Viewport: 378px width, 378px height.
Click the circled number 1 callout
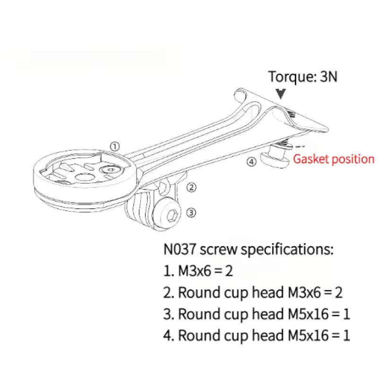[x=115, y=146]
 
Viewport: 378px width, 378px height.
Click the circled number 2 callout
[x=191, y=187]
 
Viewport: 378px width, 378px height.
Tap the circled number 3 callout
[x=191, y=213]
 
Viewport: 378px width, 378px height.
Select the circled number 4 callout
[x=251, y=162]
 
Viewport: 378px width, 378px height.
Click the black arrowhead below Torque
[x=281, y=94]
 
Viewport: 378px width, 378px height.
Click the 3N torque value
[x=328, y=77]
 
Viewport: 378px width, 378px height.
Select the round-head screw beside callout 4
[x=275, y=158]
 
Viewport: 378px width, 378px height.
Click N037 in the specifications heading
[x=180, y=249]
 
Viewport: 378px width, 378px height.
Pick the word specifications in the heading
[x=287, y=250]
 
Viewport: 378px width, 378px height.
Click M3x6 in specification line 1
[x=195, y=271]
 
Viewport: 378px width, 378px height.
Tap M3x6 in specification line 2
[x=304, y=292]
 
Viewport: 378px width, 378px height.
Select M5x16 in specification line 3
[x=309, y=314]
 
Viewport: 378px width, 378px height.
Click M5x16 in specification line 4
[x=309, y=335]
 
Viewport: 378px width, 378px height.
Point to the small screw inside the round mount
[x=111, y=170]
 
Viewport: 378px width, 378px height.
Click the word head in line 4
[x=268, y=335]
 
